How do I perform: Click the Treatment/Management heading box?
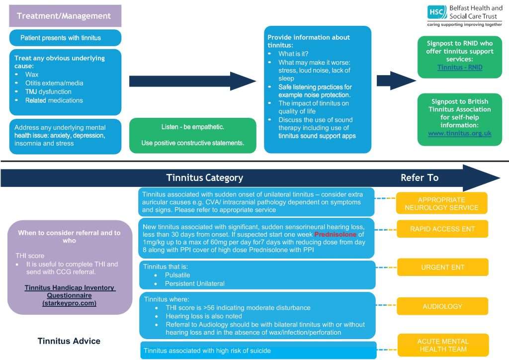65,16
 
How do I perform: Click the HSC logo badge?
437,12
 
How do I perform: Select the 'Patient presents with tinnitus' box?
65,38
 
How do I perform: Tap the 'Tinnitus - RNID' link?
459,67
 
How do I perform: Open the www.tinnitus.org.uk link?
459,133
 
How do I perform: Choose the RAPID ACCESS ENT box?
442,229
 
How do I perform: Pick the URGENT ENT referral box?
442,267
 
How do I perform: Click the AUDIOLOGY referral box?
442,306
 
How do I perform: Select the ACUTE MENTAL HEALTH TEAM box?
442,345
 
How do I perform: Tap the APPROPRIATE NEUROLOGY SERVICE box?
441,204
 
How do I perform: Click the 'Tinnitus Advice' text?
69,341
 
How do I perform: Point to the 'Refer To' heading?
419,178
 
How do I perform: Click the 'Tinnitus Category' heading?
204,178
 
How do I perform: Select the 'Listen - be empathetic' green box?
192,135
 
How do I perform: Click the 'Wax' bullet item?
32,74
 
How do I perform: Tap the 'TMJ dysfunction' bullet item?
48,91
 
